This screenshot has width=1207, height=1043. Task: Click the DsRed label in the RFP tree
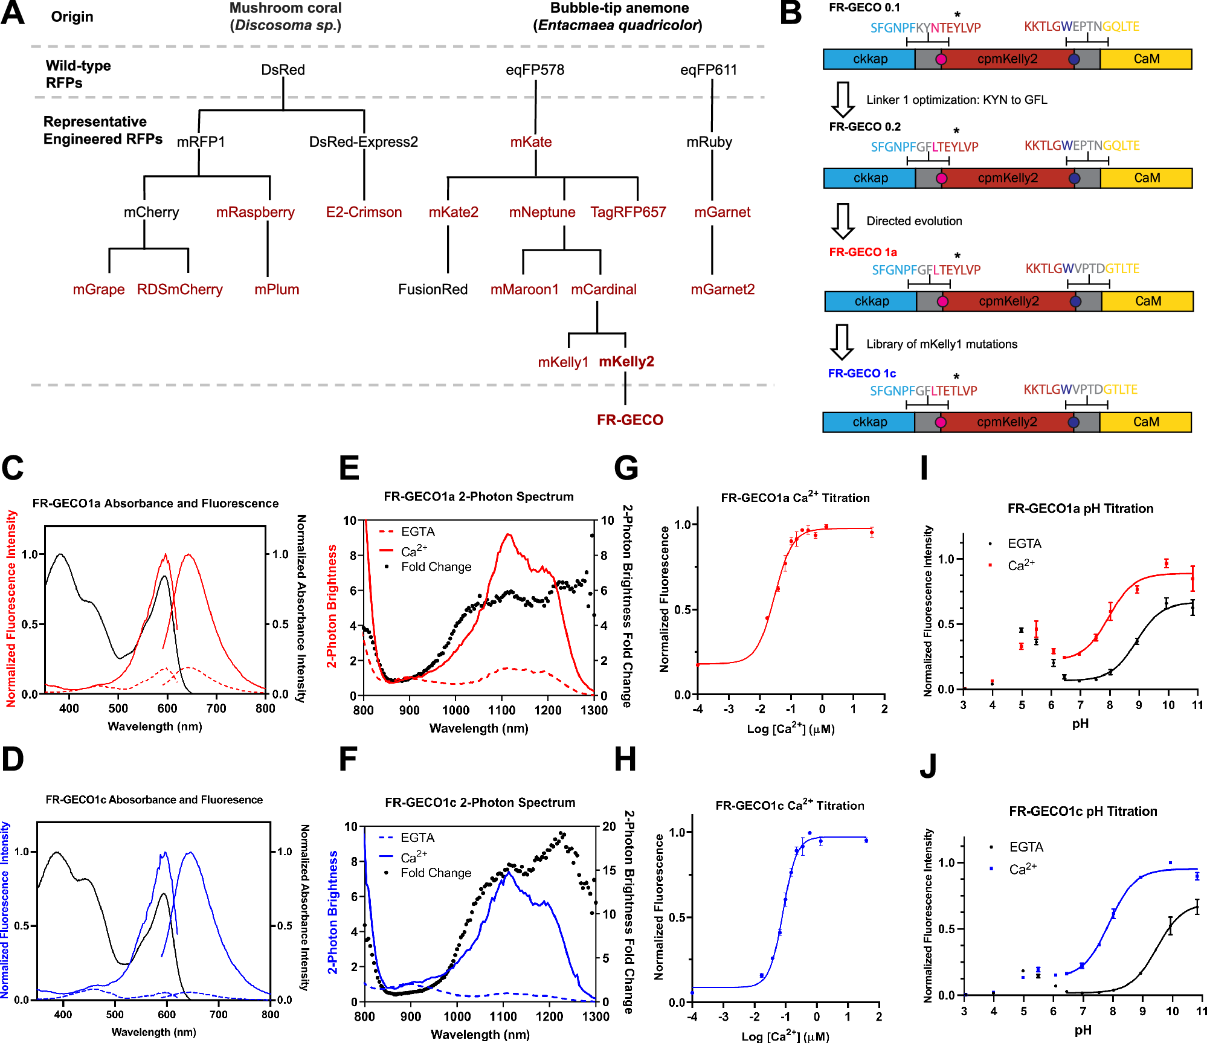tap(283, 70)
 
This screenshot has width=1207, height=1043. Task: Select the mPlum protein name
tap(277, 289)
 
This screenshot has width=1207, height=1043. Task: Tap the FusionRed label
tap(433, 289)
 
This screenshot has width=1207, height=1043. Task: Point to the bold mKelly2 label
tap(626, 361)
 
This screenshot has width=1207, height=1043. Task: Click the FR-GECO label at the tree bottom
tap(630, 420)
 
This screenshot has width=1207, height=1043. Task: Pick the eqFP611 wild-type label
tap(709, 70)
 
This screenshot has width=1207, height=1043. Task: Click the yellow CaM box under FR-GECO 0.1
tap(1146, 59)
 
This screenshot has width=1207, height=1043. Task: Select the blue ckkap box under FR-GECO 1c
tap(869, 422)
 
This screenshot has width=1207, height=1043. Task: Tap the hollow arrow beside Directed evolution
tap(842, 221)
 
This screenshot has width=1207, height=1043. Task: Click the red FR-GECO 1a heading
tap(863, 252)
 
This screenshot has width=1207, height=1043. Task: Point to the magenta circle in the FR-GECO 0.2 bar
tap(941, 178)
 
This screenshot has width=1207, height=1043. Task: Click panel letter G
tap(626, 468)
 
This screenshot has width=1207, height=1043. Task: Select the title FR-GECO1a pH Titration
tap(1080, 509)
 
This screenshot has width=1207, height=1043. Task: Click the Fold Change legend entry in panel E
tap(436, 567)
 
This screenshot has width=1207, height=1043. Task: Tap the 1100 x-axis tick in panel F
tap(503, 1016)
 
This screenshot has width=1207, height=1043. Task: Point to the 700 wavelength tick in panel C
tap(216, 708)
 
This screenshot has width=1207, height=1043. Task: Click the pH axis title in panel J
tap(1083, 1030)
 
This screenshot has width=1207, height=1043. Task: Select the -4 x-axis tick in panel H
tap(692, 1017)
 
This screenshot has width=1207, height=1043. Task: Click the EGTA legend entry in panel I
tap(1024, 544)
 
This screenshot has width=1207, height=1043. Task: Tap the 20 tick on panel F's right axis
tap(609, 826)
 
